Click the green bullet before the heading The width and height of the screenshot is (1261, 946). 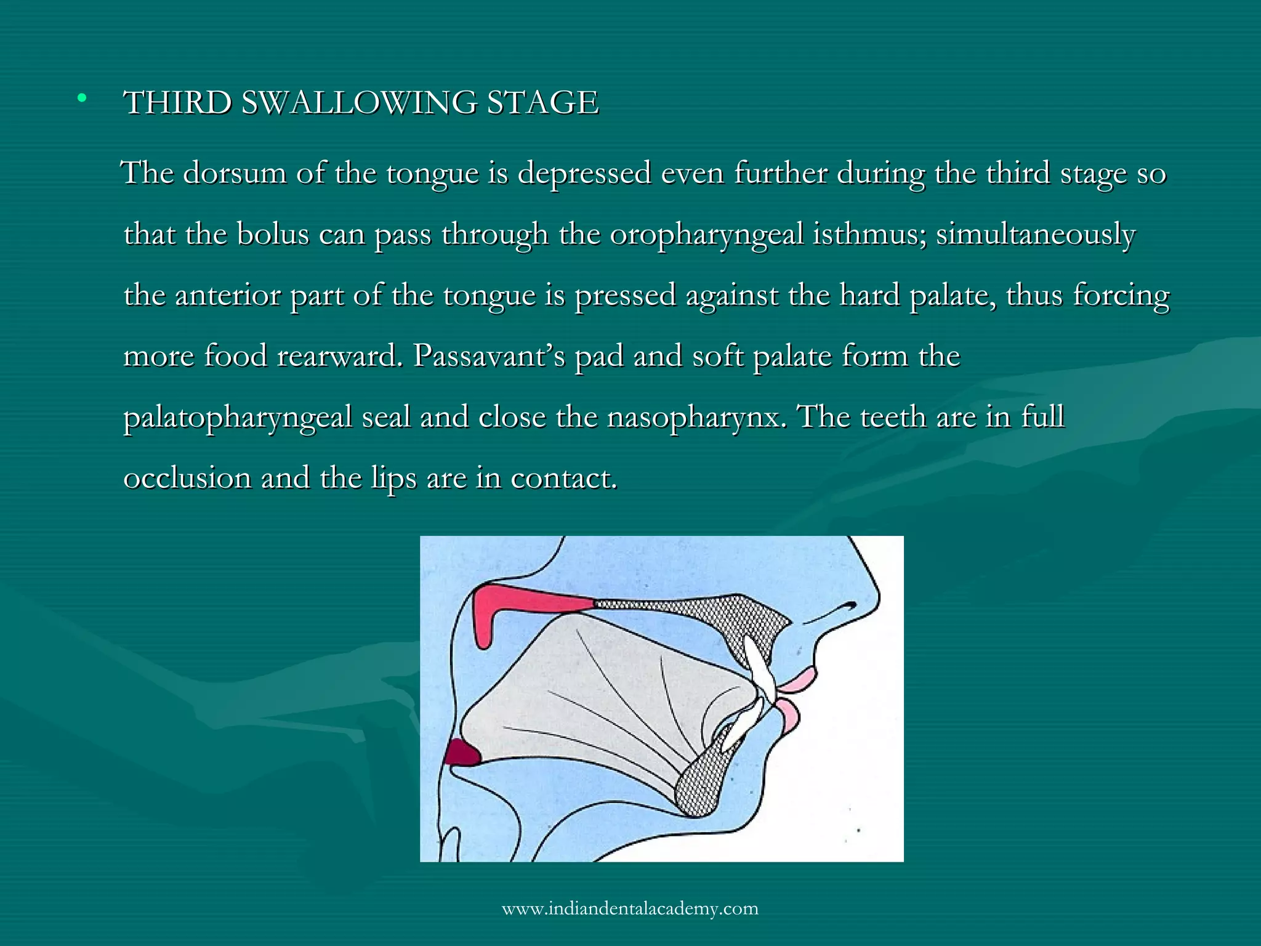click(81, 97)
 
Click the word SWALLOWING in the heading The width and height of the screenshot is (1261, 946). click(358, 102)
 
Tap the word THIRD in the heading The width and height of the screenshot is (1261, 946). click(178, 102)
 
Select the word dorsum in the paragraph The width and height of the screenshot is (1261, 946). click(234, 173)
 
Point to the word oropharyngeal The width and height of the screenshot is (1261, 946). click(706, 235)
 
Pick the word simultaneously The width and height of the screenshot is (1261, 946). click(1036, 235)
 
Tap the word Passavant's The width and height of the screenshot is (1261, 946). click(489, 356)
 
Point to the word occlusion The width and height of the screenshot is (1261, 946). click(187, 478)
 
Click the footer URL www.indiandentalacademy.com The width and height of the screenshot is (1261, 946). click(630, 908)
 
